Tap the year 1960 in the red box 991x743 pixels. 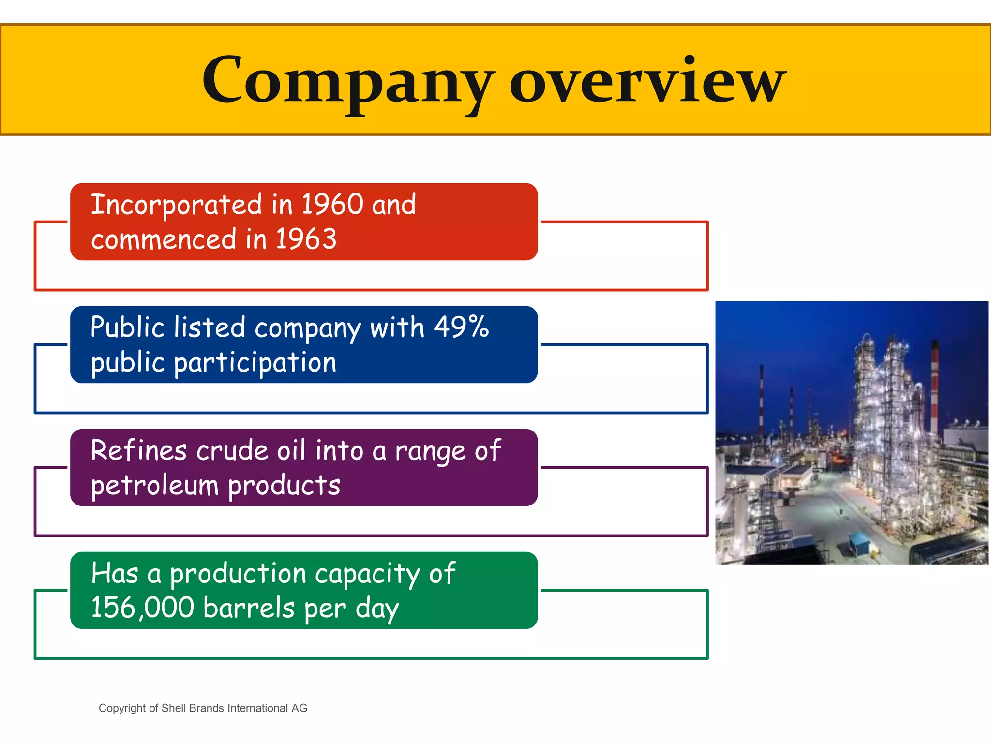(332, 204)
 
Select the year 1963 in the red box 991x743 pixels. (306, 239)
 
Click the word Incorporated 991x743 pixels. (176, 205)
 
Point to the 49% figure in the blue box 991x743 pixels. (461, 327)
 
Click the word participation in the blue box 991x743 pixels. (255, 363)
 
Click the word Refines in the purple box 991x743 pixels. (138, 450)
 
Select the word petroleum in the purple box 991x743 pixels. (154, 486)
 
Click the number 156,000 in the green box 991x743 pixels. (142, 608)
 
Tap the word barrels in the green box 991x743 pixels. (249, 608)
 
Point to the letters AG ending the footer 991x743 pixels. (299, 708)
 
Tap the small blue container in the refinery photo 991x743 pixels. (860, 543)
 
